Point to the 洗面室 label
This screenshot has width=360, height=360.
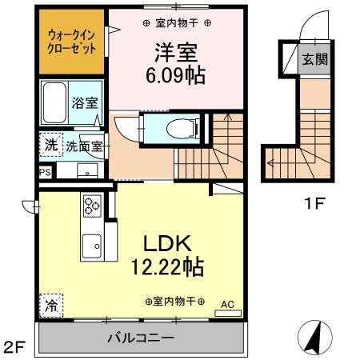point(82,146)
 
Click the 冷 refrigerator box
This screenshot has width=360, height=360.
point(51,304)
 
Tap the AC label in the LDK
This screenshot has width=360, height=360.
point(226,303)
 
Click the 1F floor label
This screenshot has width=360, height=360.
point(313,203)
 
